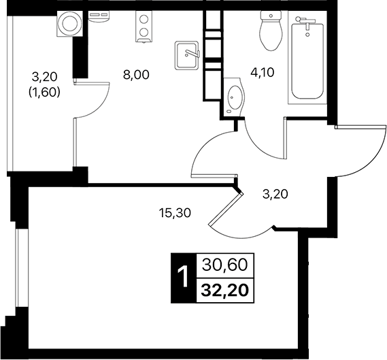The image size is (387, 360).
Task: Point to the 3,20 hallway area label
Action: (275, 195)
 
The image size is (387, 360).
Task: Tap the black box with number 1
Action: (182, 278)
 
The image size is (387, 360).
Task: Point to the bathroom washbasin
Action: (234, 97)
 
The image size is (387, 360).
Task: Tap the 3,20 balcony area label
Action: (46, 83)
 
